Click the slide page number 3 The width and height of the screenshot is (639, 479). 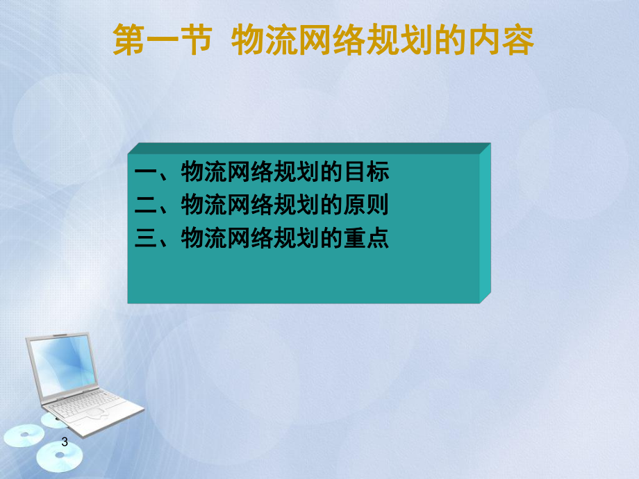65,442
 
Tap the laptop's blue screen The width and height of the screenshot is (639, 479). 63,364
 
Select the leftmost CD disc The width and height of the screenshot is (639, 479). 24,436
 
